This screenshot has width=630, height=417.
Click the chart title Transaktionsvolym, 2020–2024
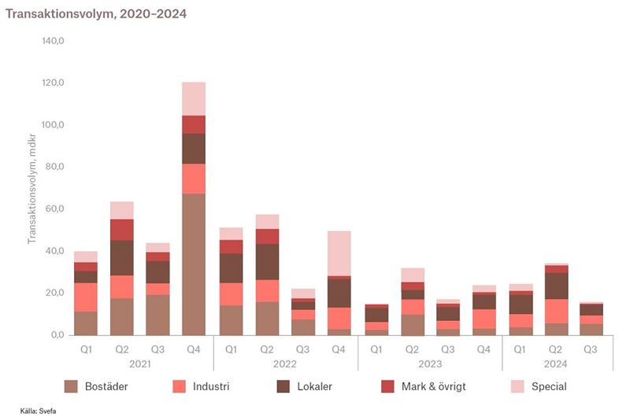click(x=97, y=14)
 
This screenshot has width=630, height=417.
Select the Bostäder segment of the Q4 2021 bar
click(x=194, y=264)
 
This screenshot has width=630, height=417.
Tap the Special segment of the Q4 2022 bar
click(x=339, y=253)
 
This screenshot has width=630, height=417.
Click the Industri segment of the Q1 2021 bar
click(x=86, y=297)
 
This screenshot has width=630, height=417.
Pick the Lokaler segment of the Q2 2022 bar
click(x=267, y=261)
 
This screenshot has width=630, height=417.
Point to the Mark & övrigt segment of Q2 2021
click(x=122, y=229)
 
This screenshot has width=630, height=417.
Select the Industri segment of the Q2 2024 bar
click(x=557, y=311)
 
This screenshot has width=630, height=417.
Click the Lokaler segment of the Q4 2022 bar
click(x=339, y=292)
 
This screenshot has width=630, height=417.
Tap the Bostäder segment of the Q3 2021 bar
click(x=157, y=315)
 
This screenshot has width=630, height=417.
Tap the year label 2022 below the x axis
click(x=285, y=365)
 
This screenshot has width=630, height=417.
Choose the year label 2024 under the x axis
click(x=557, y=365)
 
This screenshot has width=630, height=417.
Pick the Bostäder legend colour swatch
click(x=72, y=386)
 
